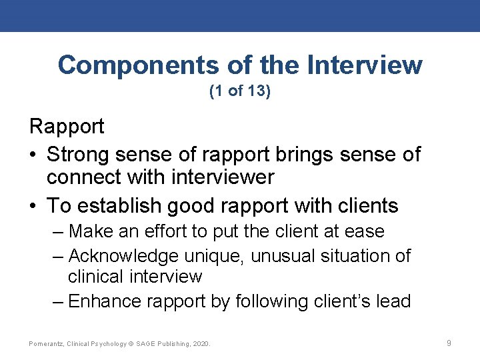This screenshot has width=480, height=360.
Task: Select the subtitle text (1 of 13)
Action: (240, 91)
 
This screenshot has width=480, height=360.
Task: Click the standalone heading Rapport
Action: (67, 126)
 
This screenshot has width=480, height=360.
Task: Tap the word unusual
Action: (265, 256)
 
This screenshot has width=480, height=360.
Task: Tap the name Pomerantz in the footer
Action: (45, 344)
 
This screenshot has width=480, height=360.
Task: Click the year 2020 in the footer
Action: (199, 344)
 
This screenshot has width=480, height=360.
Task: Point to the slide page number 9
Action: (449, 343)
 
